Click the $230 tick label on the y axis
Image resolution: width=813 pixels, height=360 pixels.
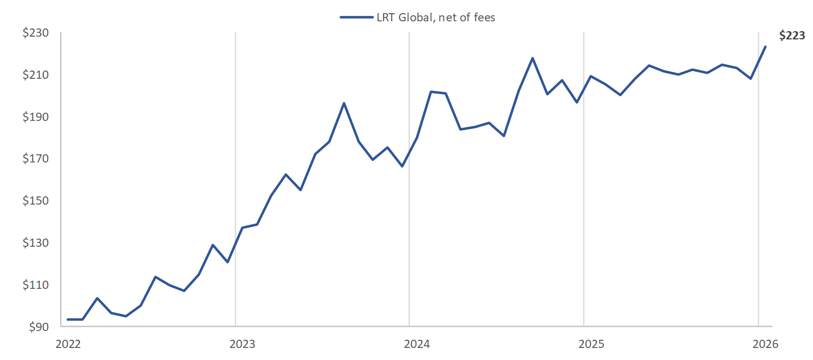35,33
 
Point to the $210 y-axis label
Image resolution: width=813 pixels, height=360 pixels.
35,75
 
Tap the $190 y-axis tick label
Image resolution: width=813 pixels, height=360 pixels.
35,117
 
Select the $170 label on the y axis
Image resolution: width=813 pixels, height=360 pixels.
35,159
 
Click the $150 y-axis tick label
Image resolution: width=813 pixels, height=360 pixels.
35,201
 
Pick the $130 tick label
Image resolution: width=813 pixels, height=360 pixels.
35,243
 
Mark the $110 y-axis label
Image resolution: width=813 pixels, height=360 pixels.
35,285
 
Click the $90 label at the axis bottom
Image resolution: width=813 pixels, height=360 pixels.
38,327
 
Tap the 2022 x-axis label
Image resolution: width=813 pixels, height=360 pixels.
68,344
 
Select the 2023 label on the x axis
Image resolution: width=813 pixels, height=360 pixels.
242,344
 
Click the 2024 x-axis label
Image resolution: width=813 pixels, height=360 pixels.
416,344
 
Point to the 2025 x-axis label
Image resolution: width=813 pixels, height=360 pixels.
591,344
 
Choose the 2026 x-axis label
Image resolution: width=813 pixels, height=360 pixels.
765,344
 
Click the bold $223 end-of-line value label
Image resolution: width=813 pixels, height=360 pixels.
792,36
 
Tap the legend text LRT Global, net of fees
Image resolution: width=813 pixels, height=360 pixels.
435,18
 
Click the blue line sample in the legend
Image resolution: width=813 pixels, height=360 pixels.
356,18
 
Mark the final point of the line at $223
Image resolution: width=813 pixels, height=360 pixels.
765,47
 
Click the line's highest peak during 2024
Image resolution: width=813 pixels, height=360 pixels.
532,58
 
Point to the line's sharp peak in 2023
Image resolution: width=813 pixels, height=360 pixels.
344,103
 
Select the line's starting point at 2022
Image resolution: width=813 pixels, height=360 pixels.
68,319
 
